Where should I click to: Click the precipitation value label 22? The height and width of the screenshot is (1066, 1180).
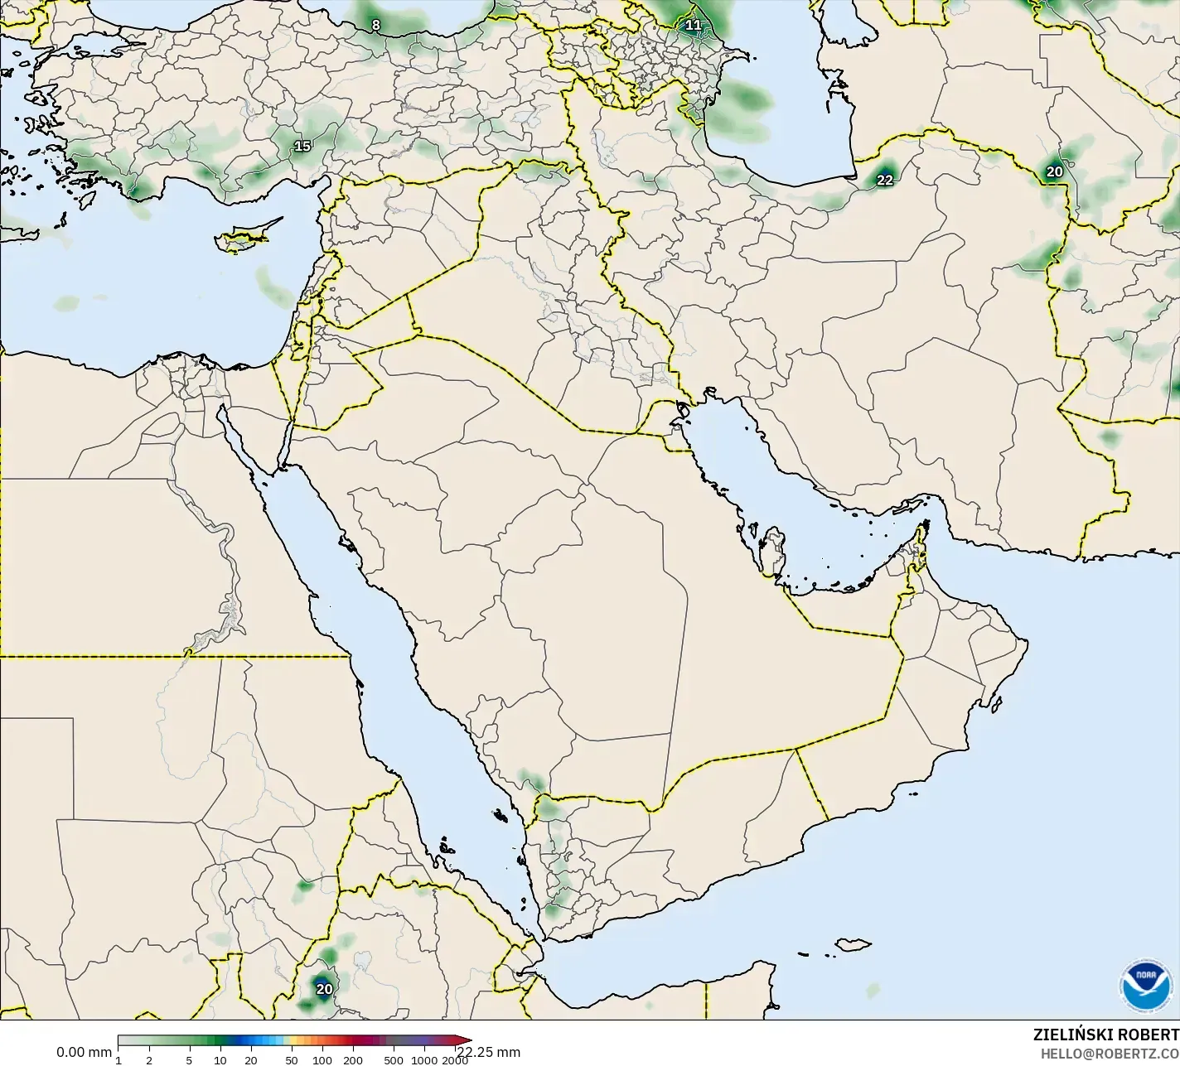click(885, 180)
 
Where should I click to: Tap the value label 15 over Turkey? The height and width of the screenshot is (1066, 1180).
click(302, 146)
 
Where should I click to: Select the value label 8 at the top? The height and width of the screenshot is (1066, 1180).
click(375, 25)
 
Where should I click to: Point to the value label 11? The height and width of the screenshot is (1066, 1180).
click(694, 25)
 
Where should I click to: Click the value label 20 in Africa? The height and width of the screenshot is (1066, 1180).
click(324, 988)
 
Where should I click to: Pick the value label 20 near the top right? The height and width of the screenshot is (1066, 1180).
click(1054, 171)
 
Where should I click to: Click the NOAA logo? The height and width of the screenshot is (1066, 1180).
click(1145, 986)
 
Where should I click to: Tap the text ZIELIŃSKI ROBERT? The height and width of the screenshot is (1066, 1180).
click(1105, 1035)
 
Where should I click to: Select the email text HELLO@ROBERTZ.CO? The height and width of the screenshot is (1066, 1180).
click(1110, 1053)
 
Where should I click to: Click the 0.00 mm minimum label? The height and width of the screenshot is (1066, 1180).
click(84, 1052)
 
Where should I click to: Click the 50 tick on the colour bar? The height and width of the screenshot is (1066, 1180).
click(291, 1060)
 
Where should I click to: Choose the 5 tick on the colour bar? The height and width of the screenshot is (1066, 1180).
click(190, 1060)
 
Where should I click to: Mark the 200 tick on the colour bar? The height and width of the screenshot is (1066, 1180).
click(353, 1060)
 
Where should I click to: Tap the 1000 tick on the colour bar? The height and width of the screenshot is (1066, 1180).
click(423, 1060)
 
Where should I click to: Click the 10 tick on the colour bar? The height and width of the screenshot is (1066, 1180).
click(220, 1060)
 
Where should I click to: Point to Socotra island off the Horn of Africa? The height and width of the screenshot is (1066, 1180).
click(852, 944)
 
